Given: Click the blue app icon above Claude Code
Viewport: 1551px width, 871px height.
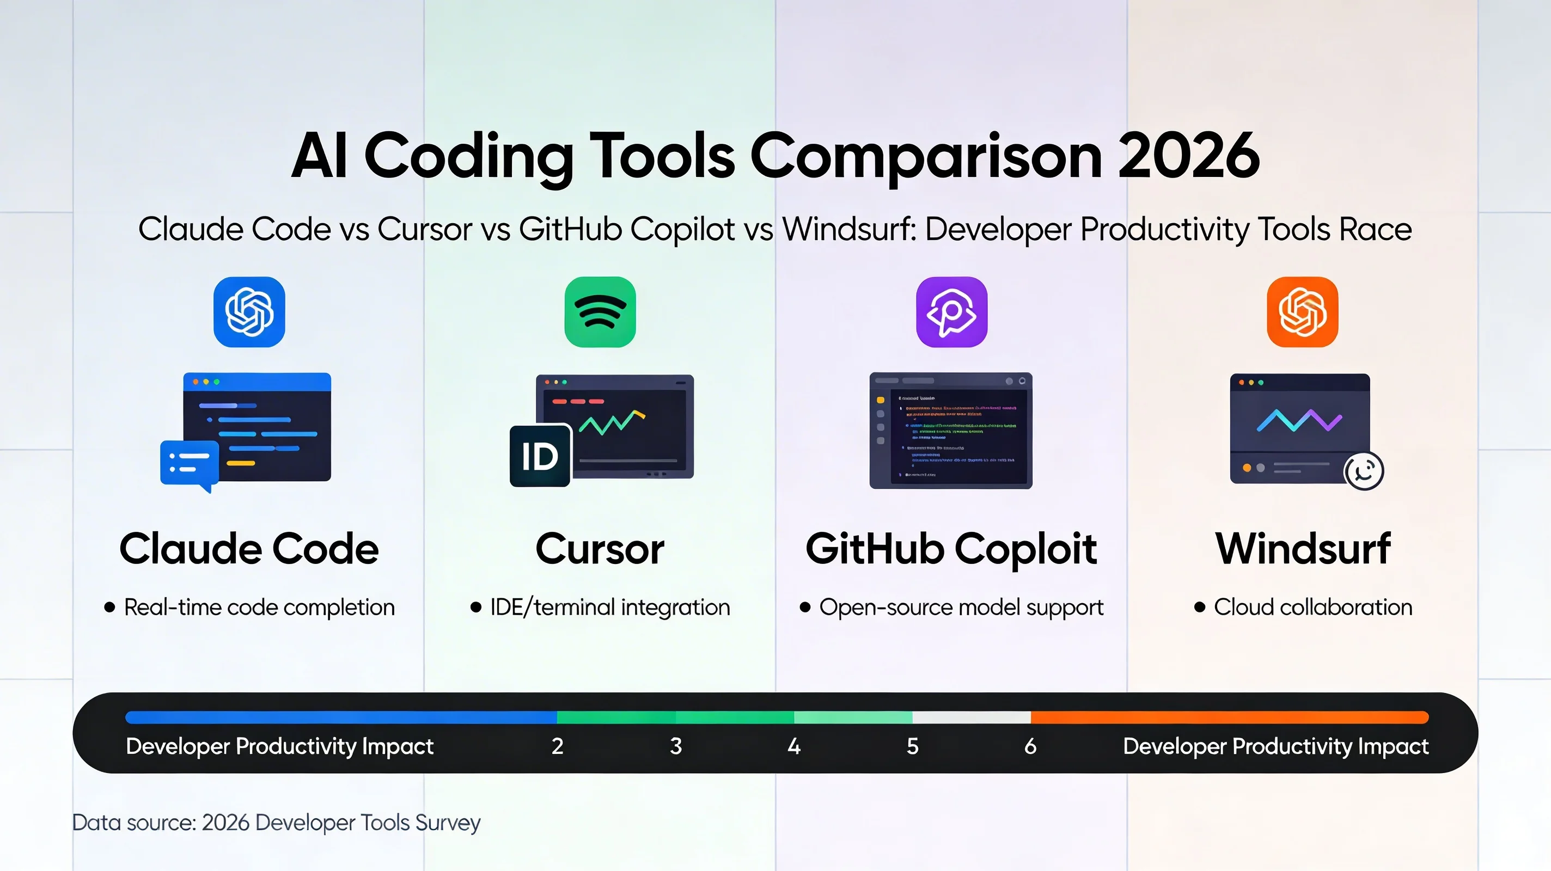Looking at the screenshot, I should [x=249, y=312].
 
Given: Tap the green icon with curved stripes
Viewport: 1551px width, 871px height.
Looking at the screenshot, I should [x=600, y=312].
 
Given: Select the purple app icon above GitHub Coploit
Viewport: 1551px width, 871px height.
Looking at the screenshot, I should [x=951, y=312].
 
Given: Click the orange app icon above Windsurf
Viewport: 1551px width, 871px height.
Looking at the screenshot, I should [x=1302, y=312].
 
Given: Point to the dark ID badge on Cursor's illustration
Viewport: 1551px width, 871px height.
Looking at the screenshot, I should [x=540, y=456].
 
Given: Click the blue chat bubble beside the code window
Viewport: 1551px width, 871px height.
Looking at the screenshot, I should [x=189, y=462].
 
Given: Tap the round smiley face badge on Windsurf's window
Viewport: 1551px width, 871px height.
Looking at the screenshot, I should [x=1364, y=471].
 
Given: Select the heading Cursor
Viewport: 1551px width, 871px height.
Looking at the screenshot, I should [x=600, y=548].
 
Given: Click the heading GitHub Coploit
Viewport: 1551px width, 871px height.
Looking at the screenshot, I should [x=951, y=548].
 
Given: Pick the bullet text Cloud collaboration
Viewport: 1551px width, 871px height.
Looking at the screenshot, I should [x=1312, y=607].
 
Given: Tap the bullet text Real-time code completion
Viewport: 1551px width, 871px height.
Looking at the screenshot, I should [x=259, y=607].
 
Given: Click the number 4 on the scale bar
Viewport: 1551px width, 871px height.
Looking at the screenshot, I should [x=793, y=746].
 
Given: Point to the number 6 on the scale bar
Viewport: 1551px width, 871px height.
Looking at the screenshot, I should [x=1030, y=746].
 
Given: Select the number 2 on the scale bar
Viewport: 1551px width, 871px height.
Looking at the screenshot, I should [x=557, y=746].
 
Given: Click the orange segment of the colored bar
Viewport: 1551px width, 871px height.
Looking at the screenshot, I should [x=1228, y=717].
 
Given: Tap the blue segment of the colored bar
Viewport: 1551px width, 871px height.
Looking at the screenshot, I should [x=340, y=717].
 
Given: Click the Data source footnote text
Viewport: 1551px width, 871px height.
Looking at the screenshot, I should [x=276, y=822].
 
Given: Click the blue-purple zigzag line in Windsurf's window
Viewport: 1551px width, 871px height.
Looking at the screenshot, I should [x=1299, y=421].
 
